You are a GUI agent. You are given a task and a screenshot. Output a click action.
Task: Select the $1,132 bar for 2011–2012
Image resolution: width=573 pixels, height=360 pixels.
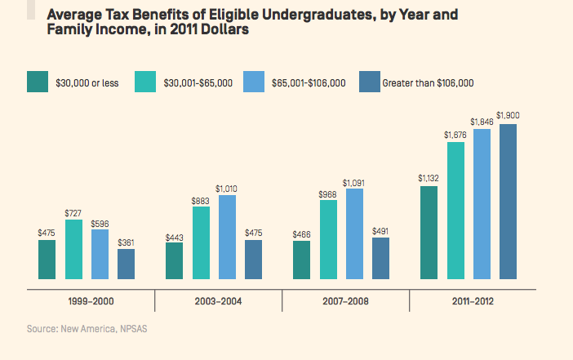[428, 232]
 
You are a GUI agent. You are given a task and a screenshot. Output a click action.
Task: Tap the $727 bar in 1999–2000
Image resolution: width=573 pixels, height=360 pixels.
[73, 249]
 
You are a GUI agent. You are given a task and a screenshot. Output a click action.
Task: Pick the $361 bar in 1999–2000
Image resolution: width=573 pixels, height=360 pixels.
[126, 264]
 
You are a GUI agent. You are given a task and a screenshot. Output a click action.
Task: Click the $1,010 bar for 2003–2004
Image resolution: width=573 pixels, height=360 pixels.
[227, 237]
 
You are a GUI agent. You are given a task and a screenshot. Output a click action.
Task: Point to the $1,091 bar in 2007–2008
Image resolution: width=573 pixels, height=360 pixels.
[354, 233]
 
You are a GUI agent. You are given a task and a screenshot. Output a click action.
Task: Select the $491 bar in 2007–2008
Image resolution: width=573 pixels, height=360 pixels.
[380, 258]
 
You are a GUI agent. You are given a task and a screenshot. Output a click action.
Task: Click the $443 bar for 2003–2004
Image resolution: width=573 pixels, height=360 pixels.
[174, 260]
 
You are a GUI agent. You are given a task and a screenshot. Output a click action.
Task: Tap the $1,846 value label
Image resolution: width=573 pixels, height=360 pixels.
[482, 121]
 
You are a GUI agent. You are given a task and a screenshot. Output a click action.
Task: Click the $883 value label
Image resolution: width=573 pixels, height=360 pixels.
[200, 199]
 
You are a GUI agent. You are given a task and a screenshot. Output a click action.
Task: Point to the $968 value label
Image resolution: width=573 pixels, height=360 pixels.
[327, 193]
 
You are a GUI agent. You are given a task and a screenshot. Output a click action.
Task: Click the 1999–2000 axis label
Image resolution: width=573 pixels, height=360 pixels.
[91, 301]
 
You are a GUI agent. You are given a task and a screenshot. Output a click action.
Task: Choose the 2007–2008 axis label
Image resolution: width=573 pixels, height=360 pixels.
[345, 301]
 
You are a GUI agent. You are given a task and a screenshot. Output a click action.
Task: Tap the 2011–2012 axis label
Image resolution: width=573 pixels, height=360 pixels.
[473, 301]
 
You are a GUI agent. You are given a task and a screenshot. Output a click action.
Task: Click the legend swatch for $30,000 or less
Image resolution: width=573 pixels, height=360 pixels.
[37, 82]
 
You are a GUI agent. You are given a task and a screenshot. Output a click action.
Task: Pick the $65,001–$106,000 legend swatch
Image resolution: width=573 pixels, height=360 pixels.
[255, 82]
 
